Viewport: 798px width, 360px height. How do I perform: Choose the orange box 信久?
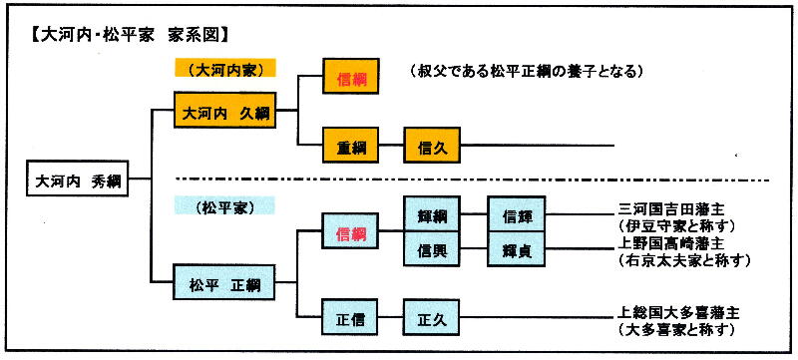432,148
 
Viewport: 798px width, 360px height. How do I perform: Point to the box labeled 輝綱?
432,215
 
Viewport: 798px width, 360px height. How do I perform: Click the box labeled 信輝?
516,215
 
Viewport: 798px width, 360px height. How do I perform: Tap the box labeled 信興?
432,249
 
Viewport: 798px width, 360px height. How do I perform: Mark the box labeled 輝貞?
516,249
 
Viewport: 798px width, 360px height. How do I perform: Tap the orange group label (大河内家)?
223,70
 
